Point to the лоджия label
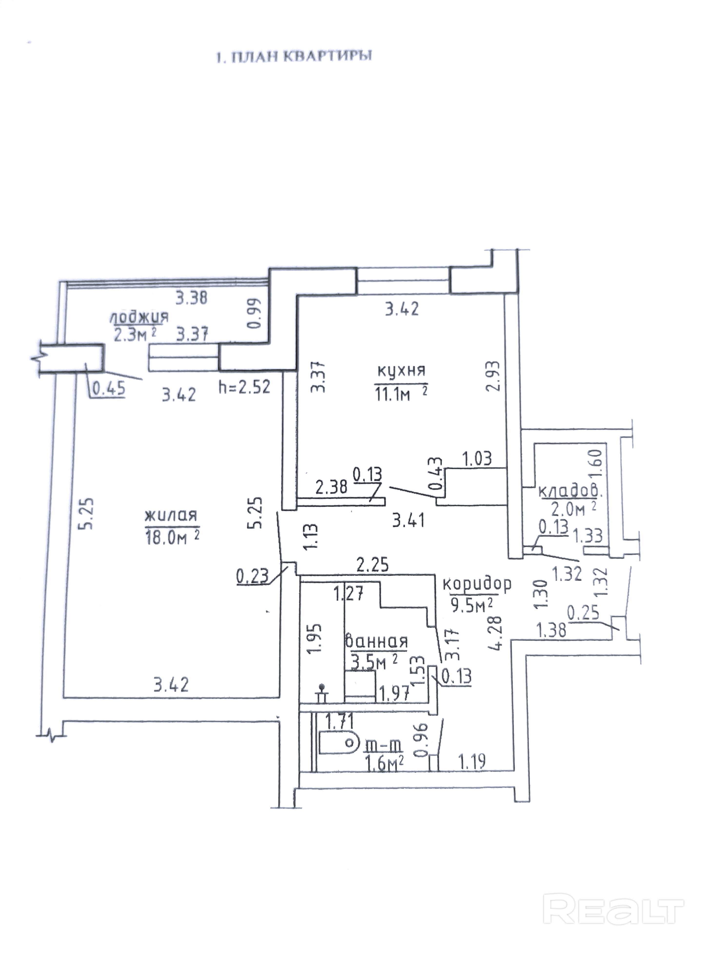click(x=139, y=317)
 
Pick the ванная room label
click(x=376, y=641)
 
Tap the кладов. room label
click(x=570, y=492)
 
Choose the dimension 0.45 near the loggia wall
click(x=109, y=388)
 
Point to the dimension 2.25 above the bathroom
click(x=372, y=565)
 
